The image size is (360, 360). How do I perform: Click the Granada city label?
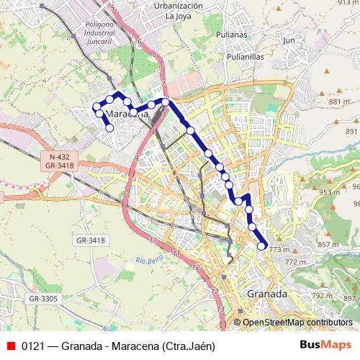coord(267,294)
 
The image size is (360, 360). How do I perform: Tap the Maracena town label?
coord(127,114)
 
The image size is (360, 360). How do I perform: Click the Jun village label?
coord(289,41)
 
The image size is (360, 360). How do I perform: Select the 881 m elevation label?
coord(338,102)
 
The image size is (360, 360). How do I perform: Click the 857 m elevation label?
coord(328,245)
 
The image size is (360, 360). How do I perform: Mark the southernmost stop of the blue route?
coord(261,246)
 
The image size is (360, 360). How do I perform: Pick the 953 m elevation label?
coord(329,192)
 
